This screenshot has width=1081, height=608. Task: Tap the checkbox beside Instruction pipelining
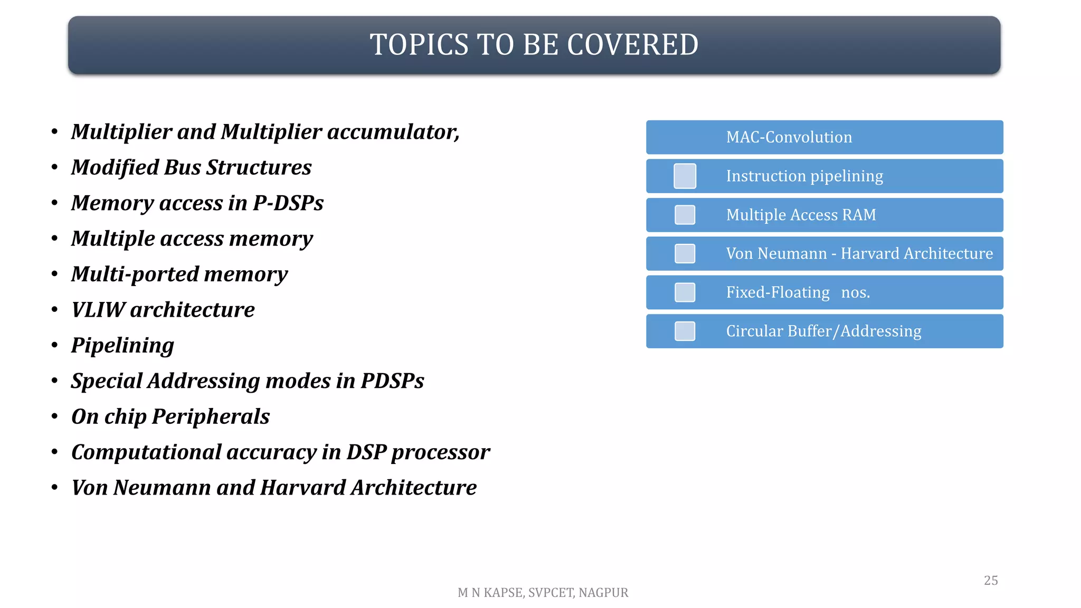pyautogui.click(x=685, y=176)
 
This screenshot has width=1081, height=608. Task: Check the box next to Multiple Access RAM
pyautogui.click(x=685, y=215)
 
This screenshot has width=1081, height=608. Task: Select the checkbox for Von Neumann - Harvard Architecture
pyautogui.click(x=685, y=254)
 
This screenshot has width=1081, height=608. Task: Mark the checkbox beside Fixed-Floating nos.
pyautogui.click(x=685, y=292)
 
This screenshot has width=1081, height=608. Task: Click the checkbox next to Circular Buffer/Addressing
pyautogui.click(x=685, y=331)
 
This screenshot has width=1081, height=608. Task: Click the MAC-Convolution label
pyautogui.click(x=789, y=137)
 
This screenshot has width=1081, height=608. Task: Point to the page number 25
pyautogui.click(x=991, y=581)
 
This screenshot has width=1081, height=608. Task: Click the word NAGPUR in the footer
pyautogui.click(x=603, y=593)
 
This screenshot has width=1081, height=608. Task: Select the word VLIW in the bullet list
pyautogui.click(x=98, y=310)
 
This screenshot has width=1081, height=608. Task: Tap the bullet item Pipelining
pyautogui.click(x=122, y=346)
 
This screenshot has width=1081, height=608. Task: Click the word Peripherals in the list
pyautogui.click(x=211, y=417)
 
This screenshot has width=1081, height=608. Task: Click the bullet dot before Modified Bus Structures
pyautogui.click(x=54, y=168)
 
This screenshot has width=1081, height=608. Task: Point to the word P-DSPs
pyautogui.click(x=288, y=203)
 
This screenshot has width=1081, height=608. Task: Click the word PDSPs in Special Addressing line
pyautogui.click(x=392, y=381)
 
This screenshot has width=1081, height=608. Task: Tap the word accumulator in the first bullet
pyautogui.click(x=393, y=132)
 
